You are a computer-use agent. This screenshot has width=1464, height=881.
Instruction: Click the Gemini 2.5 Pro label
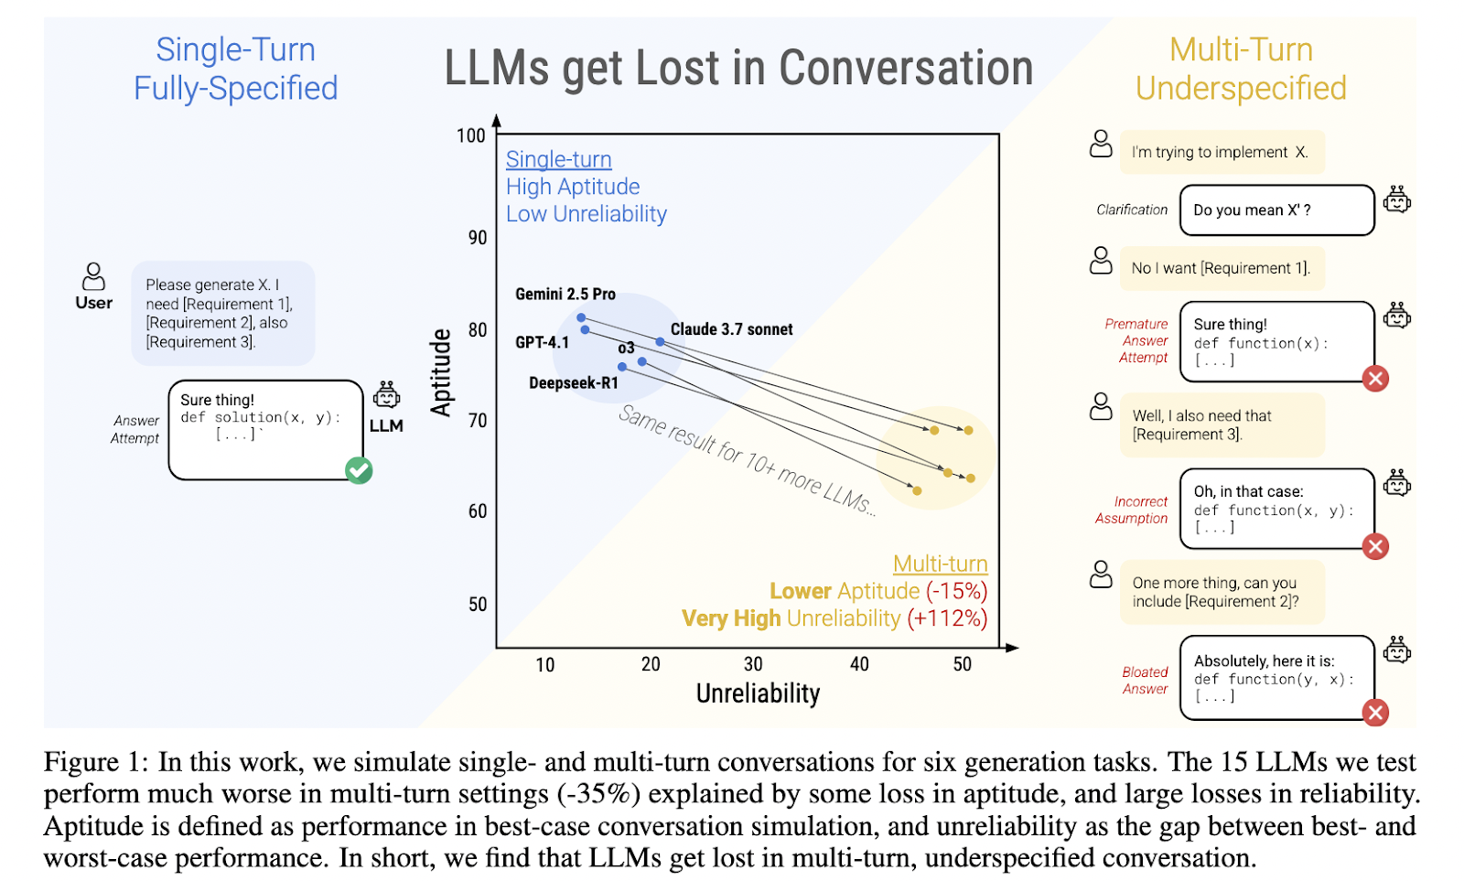tap(565, 294)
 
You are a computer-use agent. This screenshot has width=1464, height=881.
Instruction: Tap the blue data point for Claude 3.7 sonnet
tap(660, 342)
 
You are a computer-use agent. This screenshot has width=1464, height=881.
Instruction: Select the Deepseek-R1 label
tap(573, 383)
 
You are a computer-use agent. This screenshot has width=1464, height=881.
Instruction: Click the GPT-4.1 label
tap(542, 342)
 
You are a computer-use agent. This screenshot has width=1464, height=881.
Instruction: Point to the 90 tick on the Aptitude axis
tap(477, 238)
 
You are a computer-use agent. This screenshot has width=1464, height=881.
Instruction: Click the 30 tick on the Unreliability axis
tap(753, 665)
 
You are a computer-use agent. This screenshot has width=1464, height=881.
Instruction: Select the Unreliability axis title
tap(758, 693)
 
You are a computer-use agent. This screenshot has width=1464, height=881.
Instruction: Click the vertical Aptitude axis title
tap(441, 371)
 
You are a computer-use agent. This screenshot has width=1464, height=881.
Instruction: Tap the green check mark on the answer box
tap(359, 470)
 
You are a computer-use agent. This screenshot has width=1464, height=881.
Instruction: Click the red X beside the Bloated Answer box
tap(1375, 713)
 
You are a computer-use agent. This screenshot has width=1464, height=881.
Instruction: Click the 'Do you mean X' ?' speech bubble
tap(1277, 210)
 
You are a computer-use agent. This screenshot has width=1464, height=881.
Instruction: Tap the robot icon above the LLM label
tap(386, 394)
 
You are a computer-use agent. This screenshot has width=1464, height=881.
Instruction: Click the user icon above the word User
tap(93, 276)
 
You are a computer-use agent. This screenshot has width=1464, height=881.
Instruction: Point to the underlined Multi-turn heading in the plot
tap(940, 564)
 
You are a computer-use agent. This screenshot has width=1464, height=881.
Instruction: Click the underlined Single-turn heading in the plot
tap(559, 159)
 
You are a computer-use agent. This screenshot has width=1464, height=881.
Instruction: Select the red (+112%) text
tap(947, 618)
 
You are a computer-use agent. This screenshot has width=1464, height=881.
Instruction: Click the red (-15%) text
tap(956, 591)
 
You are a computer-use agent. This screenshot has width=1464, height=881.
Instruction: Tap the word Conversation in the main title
tap(906, 68)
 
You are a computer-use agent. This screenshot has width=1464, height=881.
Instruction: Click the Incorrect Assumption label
tap(1131, 510)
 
